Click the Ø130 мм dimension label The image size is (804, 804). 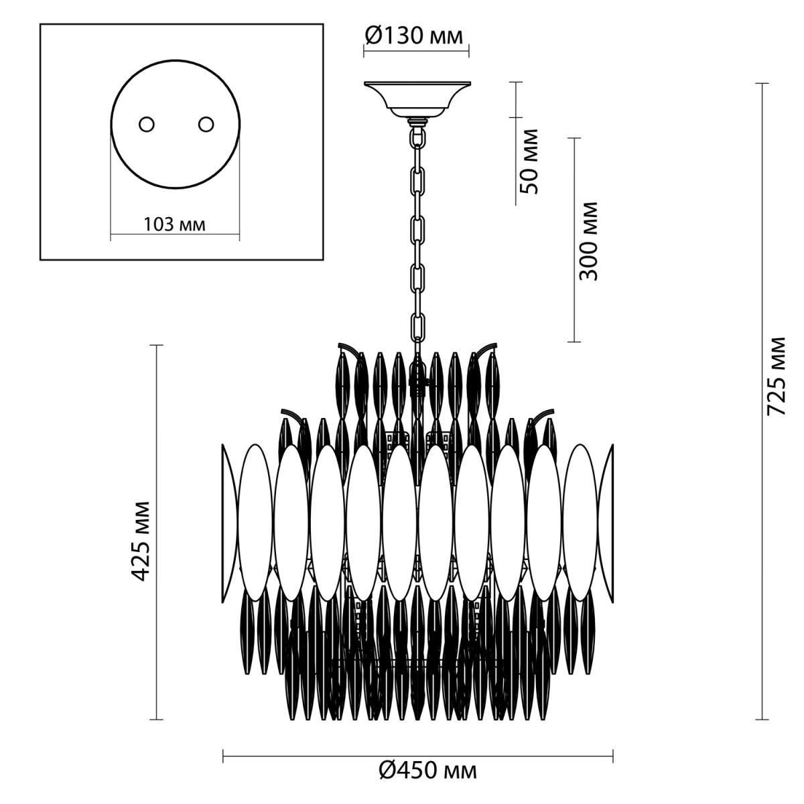click(414, 36)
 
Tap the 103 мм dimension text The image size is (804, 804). click(175, 225)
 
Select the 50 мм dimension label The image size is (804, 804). click(530, 161)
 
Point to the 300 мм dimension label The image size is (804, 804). click(588, 241)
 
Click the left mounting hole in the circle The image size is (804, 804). click(147, 125)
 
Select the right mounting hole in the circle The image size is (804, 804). click(206, 125)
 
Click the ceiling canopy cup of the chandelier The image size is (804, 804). click(417, 99)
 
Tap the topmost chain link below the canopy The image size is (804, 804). click(417, 137)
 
